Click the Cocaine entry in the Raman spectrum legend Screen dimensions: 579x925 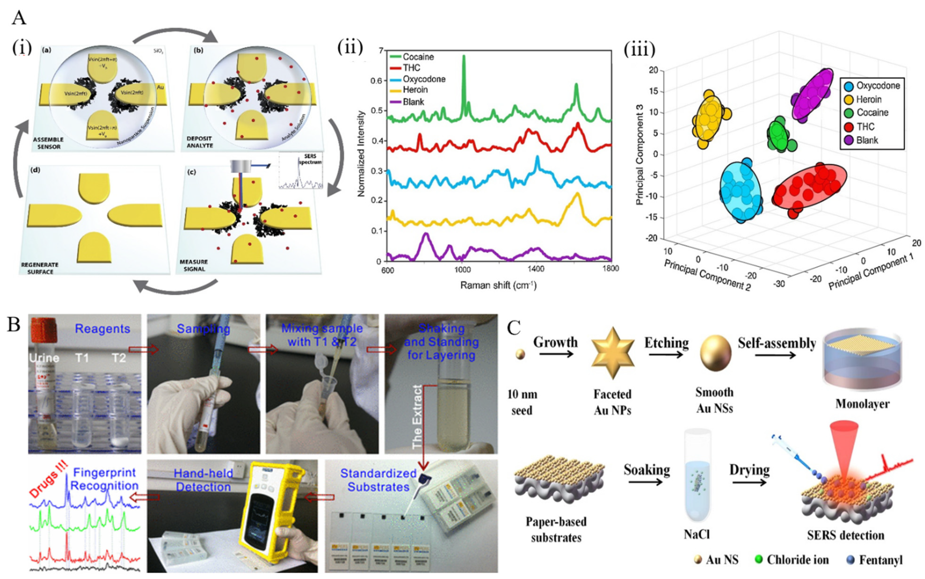418,57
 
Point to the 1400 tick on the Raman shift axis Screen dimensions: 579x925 535,269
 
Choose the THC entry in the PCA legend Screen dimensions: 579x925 865,127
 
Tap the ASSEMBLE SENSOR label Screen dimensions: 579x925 48,143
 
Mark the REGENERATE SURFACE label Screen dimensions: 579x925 40,268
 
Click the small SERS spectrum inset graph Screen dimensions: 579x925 301,171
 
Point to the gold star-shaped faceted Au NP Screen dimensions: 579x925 612,353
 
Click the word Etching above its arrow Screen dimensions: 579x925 666,342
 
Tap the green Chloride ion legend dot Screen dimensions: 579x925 758,560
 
